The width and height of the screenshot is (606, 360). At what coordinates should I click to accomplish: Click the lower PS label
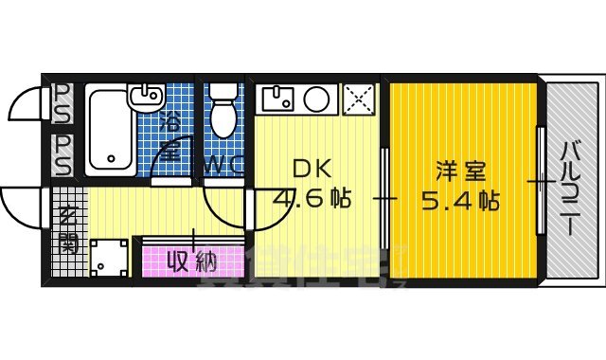pos(62,154)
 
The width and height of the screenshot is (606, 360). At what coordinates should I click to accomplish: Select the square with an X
pos(359,98)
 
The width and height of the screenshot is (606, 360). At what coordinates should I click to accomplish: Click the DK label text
pos(311,170)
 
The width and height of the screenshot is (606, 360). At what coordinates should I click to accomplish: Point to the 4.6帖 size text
pos(312,200)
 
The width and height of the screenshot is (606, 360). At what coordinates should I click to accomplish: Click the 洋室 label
pos(461,171)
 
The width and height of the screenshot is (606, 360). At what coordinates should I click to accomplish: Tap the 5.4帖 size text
pos(461,201)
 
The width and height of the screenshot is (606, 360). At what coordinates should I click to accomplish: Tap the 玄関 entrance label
pos(68,228)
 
